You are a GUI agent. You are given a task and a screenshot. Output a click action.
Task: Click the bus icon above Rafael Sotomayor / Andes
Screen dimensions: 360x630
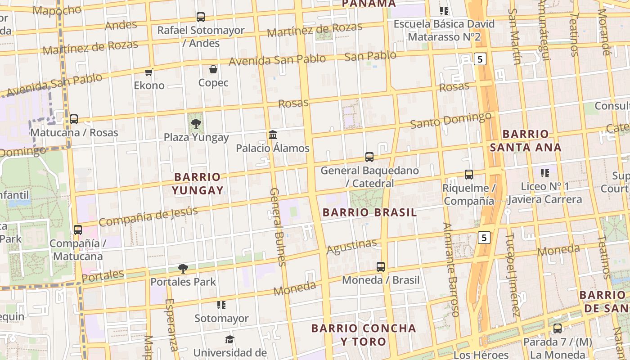click(201, 17)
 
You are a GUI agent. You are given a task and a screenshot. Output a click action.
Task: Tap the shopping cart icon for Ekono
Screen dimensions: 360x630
click(149, 72)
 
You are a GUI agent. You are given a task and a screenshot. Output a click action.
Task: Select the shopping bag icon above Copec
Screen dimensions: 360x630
click(213, 69)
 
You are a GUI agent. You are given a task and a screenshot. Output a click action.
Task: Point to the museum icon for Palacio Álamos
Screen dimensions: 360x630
click(272, 135)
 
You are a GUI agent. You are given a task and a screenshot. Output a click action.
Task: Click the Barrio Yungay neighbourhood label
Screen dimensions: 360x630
click(198, 184)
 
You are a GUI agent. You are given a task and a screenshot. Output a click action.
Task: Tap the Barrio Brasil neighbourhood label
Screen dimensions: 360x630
click(369, 212)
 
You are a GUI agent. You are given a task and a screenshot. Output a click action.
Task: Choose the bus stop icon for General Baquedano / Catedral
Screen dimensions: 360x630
click(369, 157)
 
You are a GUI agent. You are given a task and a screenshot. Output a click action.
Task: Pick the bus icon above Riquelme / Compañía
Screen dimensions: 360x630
click(469, 175)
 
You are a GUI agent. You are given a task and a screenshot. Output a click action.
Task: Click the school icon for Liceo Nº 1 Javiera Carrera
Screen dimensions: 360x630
click(545, 173)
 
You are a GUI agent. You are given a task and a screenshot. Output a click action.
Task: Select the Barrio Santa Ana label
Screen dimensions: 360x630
click(526, 140)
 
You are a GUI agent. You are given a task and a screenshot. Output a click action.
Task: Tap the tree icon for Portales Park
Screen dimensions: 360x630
click(183, 269)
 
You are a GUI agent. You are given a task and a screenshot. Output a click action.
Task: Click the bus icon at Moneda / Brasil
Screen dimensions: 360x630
click(381, 267)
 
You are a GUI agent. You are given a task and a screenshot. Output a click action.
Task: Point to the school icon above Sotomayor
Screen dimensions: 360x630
click(221, 305)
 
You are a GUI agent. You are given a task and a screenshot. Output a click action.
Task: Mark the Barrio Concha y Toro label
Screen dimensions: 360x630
click(364, 334)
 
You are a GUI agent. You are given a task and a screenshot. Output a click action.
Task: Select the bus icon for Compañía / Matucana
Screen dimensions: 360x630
click(78, 229)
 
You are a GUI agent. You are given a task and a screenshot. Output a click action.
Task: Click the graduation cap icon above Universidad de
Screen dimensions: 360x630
click(230, 339)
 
